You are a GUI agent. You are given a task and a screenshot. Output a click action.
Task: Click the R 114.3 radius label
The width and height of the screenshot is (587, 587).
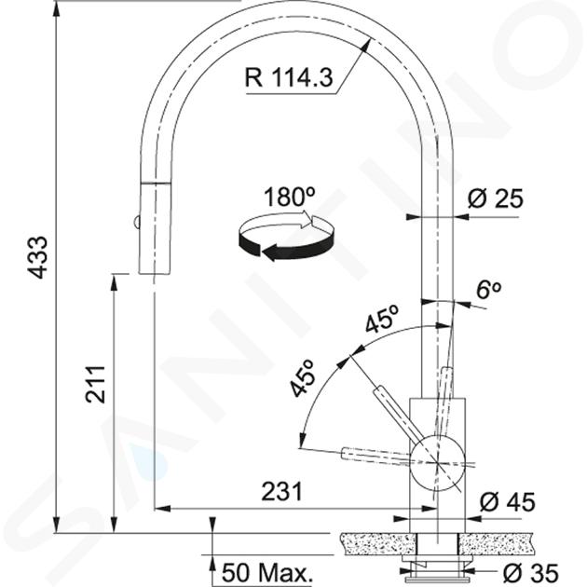coord(288,78)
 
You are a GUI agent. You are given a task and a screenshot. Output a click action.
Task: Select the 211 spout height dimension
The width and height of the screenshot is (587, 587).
coord(94,385)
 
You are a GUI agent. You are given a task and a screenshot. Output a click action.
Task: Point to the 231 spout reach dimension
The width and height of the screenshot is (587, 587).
coord(281,491)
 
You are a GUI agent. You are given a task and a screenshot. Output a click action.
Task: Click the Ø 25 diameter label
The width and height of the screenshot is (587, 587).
coord(495,198)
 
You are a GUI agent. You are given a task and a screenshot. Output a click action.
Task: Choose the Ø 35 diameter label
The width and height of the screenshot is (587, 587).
coord(530,573)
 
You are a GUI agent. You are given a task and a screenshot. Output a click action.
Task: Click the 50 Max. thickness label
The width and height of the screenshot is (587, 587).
coord(266,573)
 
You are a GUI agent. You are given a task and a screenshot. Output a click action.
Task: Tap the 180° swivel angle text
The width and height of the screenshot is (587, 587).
coord(290,197)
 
